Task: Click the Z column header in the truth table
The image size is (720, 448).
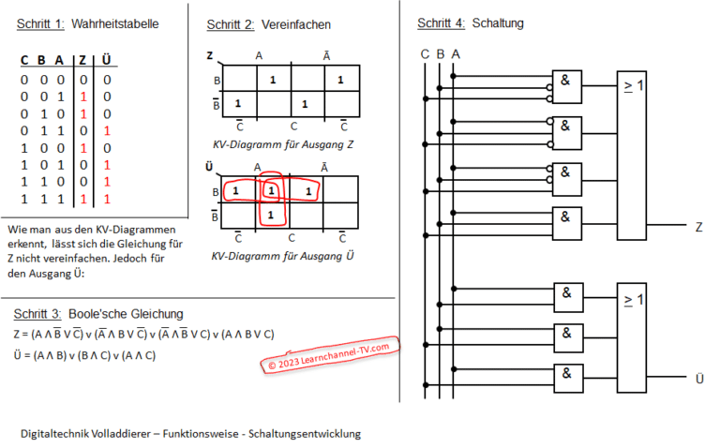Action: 83,61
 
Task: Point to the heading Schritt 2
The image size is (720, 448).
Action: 230,23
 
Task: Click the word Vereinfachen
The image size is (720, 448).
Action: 296,23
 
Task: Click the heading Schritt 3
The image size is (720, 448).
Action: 39,313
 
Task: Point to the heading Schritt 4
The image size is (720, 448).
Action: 440,22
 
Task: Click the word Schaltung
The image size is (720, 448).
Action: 499,22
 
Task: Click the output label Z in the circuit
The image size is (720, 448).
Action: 699,227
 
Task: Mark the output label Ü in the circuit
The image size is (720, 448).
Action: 699,379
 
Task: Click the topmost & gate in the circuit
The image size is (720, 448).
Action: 567,84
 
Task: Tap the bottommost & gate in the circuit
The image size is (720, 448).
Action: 567,377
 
